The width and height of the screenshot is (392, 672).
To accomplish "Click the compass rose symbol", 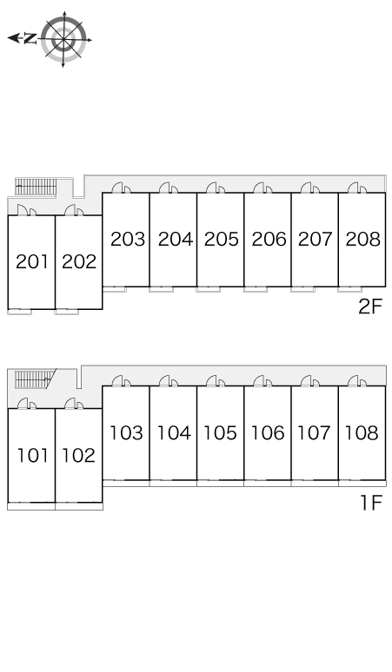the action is (x=64, y=39).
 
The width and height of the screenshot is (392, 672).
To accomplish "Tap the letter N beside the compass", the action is (x=30, y=38).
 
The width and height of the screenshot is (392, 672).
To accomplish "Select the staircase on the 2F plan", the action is (x=36, y=187).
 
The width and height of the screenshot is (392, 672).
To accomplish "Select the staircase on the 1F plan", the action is (x=35, y=379).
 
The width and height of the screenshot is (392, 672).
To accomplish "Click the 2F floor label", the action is (x=369, y=306).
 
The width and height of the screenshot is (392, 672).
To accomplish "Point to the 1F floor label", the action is (x=370, y=503).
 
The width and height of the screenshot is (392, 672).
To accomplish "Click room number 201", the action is (x=32, y=261).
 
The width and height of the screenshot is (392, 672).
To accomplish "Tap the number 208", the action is (x=362, y=239).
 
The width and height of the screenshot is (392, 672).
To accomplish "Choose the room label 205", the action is (x=221, y=239).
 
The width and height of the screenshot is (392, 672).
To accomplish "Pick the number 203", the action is (x=128, y=239).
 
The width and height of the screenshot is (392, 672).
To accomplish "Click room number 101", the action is (x=33, y=455).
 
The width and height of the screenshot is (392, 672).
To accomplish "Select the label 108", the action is (x=362, y=433).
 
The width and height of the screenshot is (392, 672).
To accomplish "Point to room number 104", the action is (x=174, y=433).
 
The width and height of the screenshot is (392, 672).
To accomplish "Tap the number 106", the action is (x=268, y=433).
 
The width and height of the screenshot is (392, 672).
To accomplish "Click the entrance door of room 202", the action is (x=74, y=210).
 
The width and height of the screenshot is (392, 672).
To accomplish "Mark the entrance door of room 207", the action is (x=309, y=188).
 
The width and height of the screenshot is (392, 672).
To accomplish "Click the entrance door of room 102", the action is (x=74, y=403).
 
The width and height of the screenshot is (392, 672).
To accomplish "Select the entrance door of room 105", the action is (x=216, y=380).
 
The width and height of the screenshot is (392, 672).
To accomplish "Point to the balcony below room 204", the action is (x=162, y=290).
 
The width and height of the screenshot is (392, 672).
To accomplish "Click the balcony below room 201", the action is (x=19, y=312).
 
